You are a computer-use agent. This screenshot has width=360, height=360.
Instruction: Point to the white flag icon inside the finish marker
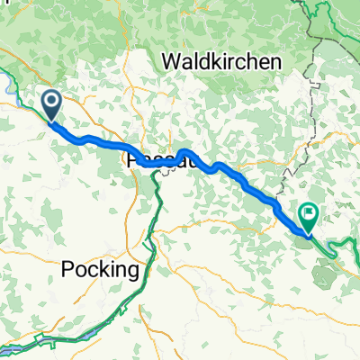309,213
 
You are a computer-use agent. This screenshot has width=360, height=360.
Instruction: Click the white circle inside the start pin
50,103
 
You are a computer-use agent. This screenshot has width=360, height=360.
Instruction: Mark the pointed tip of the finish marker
303,232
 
